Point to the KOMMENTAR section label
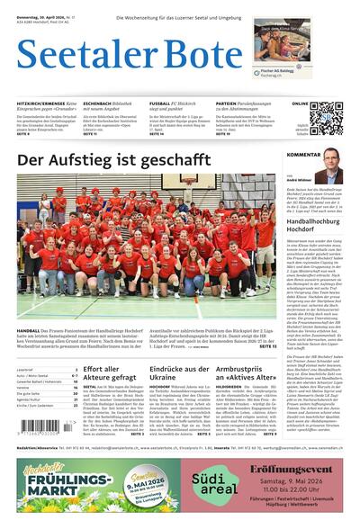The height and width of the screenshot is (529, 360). pos(303,155)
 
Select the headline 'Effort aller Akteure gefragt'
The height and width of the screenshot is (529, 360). pos(111,373)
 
